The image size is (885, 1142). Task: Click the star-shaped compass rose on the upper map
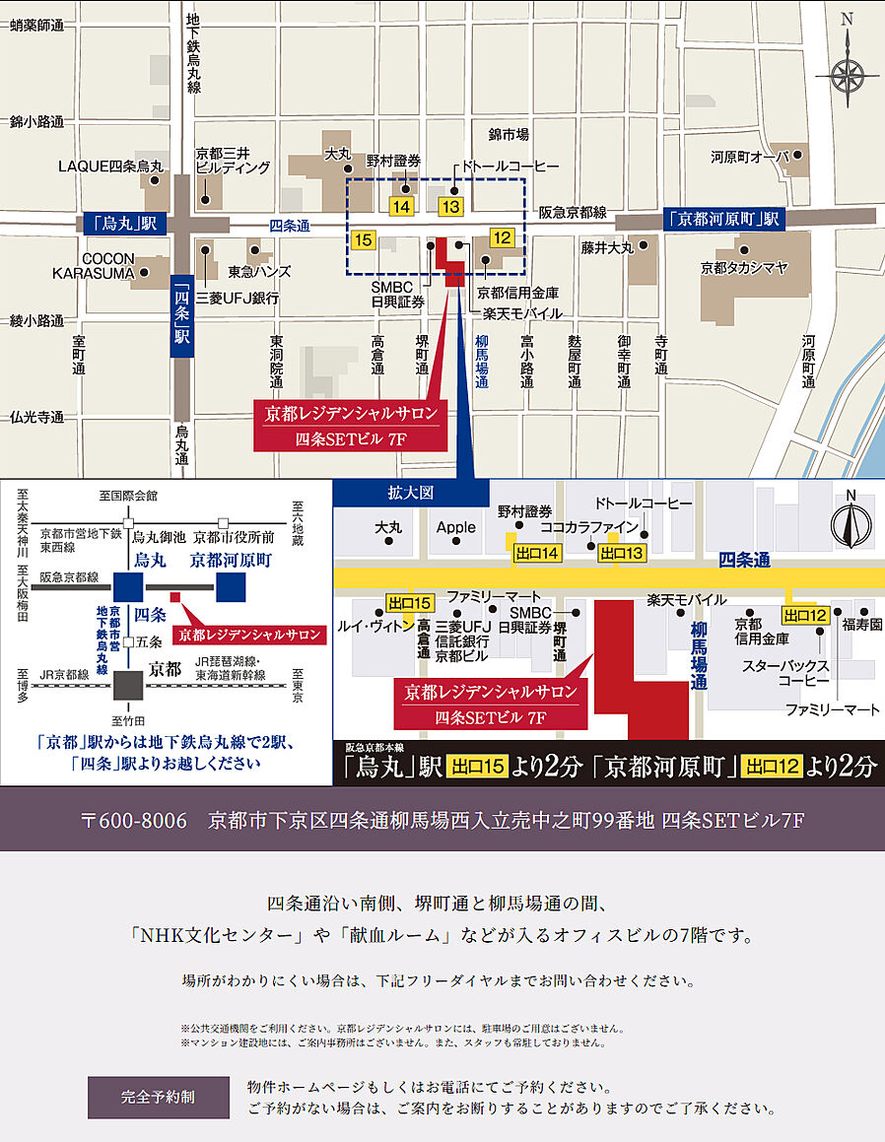point(846,74)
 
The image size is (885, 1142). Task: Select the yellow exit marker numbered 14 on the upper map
point(401,207)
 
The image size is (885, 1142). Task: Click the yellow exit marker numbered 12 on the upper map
point(502,237)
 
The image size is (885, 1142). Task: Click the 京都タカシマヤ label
point(744,267)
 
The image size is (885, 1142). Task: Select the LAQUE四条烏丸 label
point(110,167)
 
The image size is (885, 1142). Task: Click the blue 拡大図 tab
point(411,492)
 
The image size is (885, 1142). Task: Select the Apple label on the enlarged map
point(456,528)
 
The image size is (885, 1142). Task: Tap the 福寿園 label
point(859,623)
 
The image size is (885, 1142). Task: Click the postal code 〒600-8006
point(133,820)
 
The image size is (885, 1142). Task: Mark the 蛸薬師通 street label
point(36,27)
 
